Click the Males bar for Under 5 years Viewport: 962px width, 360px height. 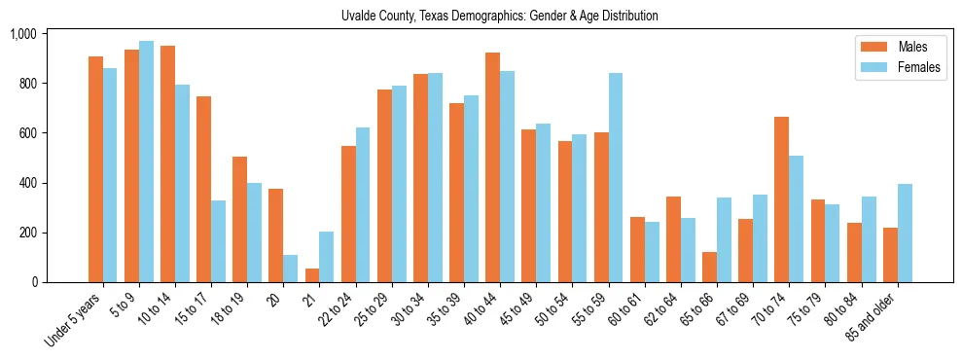click(x=95, y=169)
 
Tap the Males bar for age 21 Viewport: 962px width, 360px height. click(x=312, y=275)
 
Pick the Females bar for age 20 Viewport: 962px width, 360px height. click(x=291, y=269)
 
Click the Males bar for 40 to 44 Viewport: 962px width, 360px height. click(x=492, y=167)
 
